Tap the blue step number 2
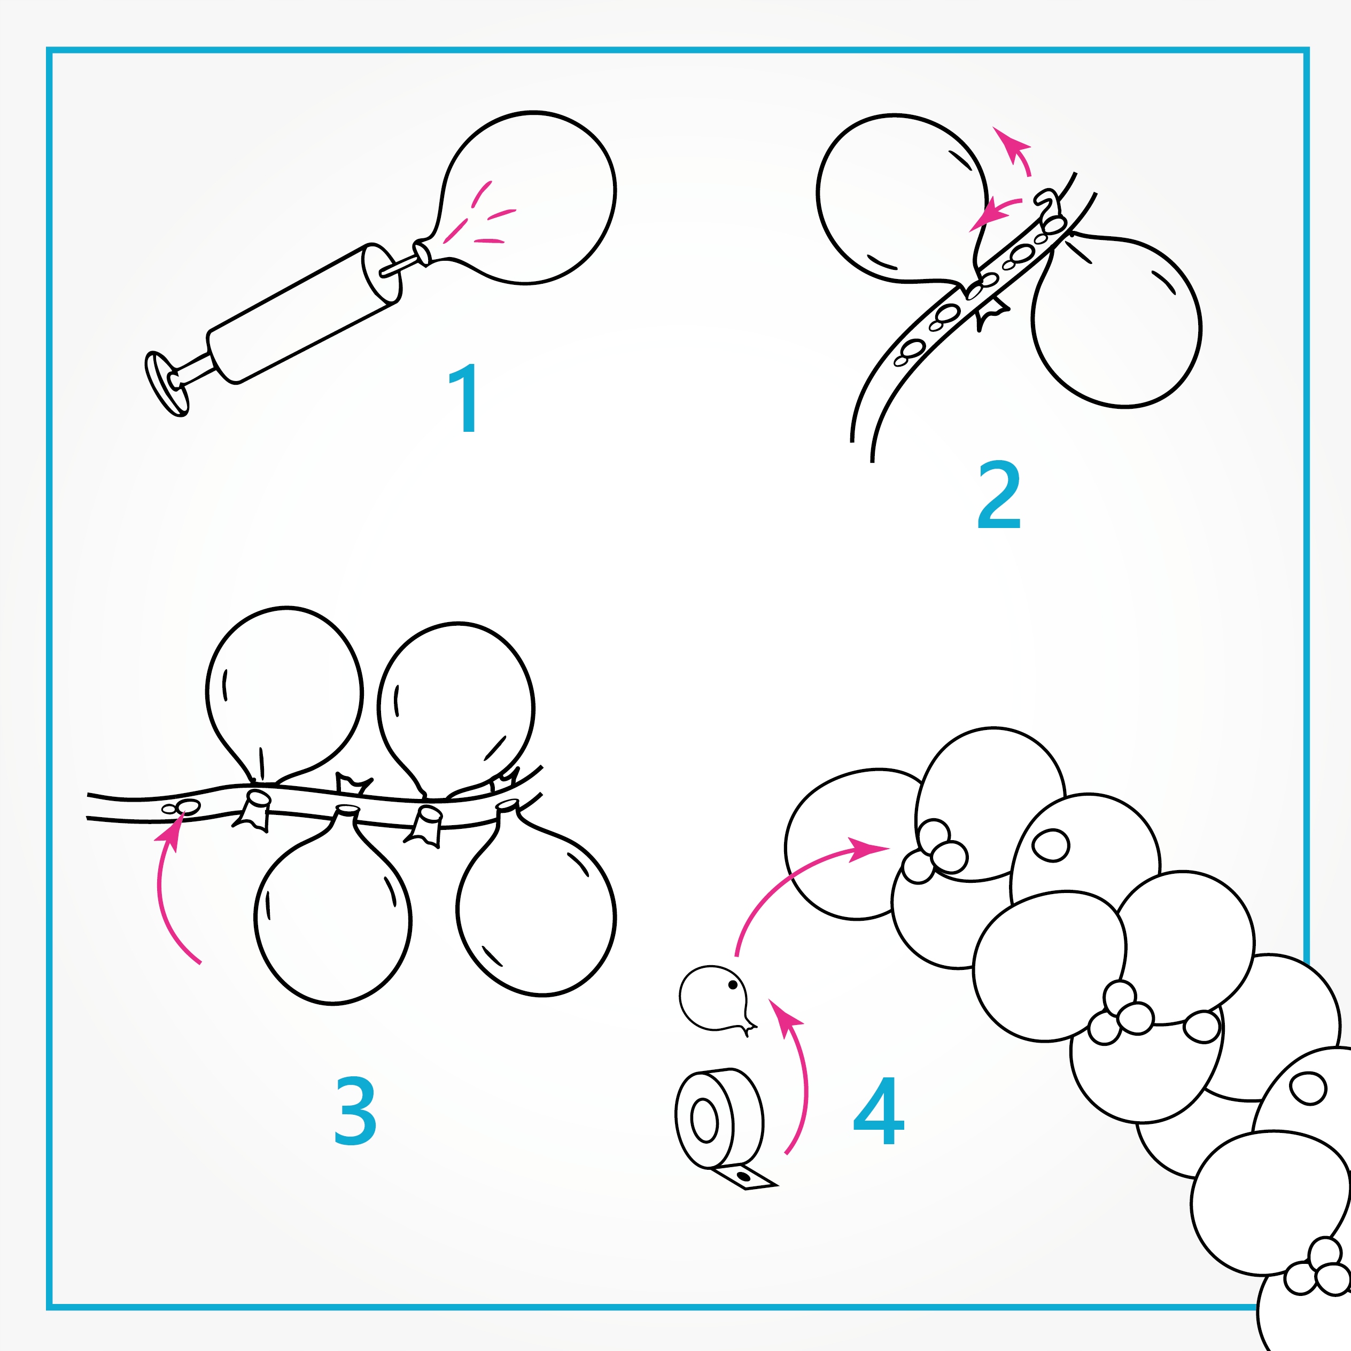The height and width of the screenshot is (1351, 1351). point(999,494)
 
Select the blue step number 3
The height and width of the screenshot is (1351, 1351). point(355,1111)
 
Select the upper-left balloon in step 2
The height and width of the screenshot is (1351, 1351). point(902,199)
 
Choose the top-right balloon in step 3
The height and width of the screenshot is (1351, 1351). point(456,706)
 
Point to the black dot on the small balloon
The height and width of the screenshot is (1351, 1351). point(733,985)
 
